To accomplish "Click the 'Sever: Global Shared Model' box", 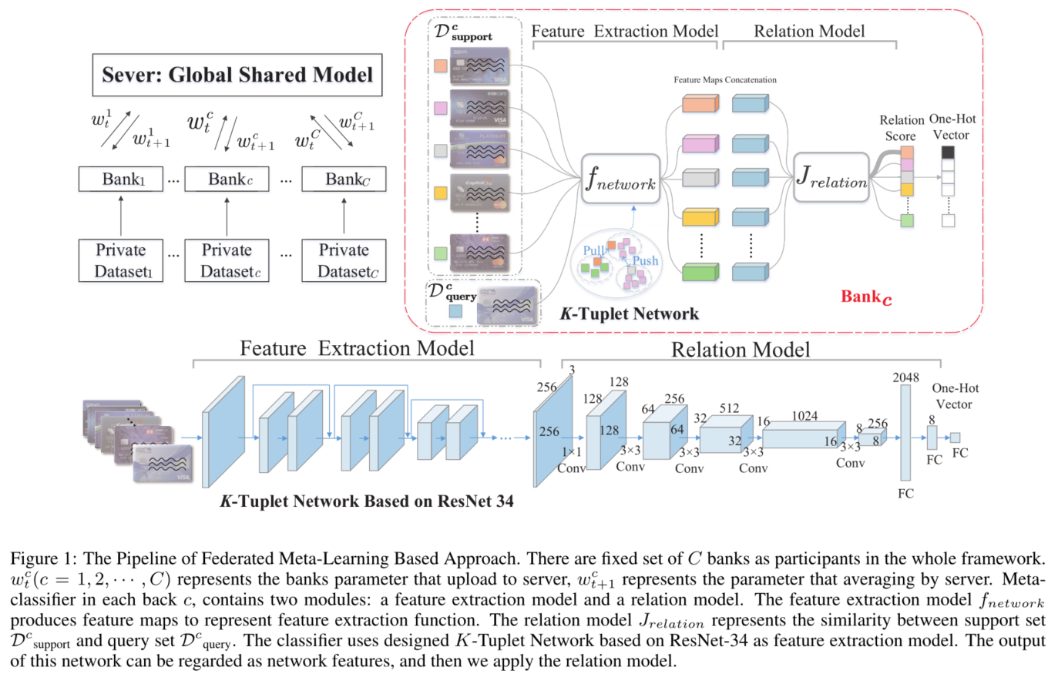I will coord(237,75).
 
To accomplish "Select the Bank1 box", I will coord(121,179).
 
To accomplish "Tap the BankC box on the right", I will coord(344,179).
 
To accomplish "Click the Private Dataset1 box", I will coord(121,260).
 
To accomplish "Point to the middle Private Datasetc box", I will coord(227,260).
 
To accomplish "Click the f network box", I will coord(620,179).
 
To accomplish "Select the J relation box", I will coord(831,178).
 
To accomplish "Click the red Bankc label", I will coord(865,297).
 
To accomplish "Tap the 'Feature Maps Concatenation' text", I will coord(724,80).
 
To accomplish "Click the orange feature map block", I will coord(700,103).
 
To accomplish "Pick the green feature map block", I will coord(700,272).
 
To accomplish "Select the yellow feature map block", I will coord(700,217).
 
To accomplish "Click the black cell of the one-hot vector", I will coord(948,153).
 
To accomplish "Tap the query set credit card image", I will coord(506,306).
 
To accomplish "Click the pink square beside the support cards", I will coord(441,109).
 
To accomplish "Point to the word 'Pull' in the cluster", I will coord(593,250).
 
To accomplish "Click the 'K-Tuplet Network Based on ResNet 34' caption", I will coord(367,501).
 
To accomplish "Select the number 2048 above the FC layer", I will coord(905,377).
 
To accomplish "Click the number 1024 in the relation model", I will coord(804,416).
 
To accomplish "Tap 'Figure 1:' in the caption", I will coord(43,558).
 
